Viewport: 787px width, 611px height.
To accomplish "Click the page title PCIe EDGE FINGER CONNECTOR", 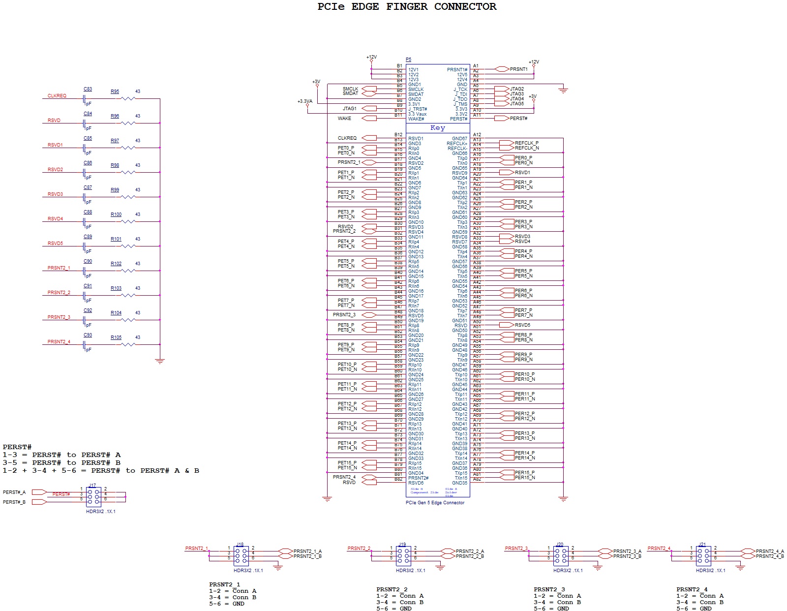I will [407, 7].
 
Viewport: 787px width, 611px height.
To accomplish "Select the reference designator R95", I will [115, 92].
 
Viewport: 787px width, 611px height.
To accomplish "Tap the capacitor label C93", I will [88, 335].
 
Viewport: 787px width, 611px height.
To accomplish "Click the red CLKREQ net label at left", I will [57, 96].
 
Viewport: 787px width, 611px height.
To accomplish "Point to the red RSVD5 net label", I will [55, 244].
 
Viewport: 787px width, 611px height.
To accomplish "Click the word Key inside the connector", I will [437, 128].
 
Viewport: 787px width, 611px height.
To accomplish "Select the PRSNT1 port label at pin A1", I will [518, 69].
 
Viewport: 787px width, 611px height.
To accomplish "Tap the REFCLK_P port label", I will [526, 143].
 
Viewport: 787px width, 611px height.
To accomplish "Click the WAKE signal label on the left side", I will [344, 119].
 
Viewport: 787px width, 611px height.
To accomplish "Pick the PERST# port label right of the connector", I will [518, 119].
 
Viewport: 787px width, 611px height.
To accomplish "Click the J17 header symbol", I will [93, 497].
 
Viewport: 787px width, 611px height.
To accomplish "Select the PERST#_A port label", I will [14, 492].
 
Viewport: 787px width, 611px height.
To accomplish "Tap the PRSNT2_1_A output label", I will [307, 551].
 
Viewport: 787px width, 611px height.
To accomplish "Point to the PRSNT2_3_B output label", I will [627, 556].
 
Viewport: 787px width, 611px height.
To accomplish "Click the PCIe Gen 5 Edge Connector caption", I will [435, 503].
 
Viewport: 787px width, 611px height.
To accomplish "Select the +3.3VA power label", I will [304, 101].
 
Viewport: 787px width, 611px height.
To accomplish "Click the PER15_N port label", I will [525, 478].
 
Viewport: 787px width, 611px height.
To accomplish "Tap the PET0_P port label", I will [346, 148].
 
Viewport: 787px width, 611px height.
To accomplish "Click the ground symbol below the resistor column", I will [159, 361].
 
